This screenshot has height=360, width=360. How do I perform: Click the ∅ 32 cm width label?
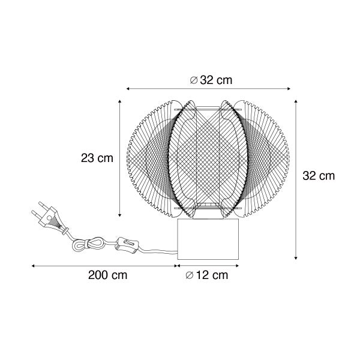[211, 80]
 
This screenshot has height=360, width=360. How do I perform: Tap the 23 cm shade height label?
[97, 158]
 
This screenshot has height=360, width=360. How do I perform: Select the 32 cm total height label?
[319, 176]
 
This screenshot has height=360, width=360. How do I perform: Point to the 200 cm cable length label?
[107, 275]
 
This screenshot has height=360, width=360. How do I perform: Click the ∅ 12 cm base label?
[206, 275]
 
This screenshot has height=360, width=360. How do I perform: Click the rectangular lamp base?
[208, 239]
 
